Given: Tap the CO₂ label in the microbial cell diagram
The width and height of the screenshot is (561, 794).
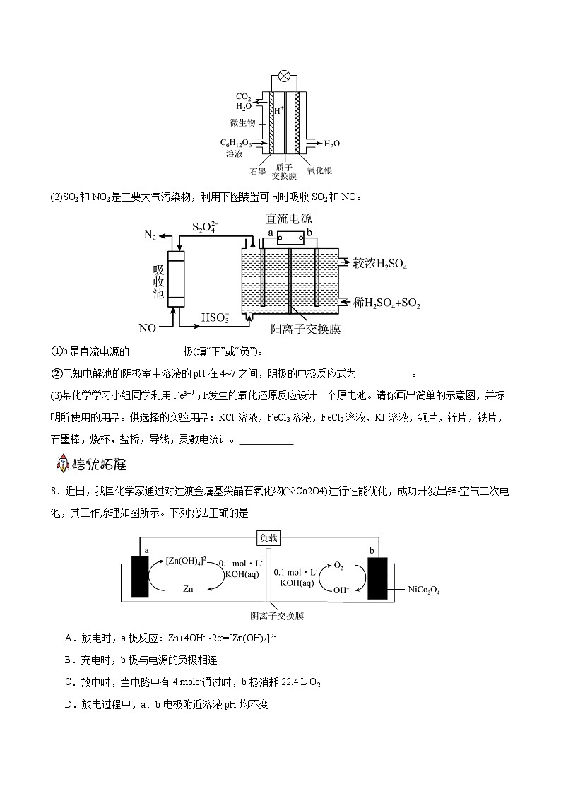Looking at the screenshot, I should pos(244,97).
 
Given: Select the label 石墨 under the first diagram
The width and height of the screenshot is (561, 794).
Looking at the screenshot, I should pos(257,171).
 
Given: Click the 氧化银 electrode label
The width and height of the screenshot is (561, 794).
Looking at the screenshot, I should pos(319,171).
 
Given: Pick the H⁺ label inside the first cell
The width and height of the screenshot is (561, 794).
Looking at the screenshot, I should pos(278,111).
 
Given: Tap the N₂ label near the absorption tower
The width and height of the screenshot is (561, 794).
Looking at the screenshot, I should pos(150,235).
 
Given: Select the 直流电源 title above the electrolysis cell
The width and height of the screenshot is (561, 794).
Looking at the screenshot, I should pos(288,219).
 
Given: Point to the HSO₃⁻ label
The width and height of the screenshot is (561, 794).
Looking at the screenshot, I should pos(215,317).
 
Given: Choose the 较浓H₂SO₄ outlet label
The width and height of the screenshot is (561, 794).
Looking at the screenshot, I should pos(379,264).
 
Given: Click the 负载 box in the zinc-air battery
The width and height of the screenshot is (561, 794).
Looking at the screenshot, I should pos(269,538).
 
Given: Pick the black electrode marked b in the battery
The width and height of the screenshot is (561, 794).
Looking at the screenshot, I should pos(377,578).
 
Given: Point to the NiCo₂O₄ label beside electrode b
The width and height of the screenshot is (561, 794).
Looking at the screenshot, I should pos(424,590).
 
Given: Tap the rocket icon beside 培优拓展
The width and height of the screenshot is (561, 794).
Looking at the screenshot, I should pos(63,464).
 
